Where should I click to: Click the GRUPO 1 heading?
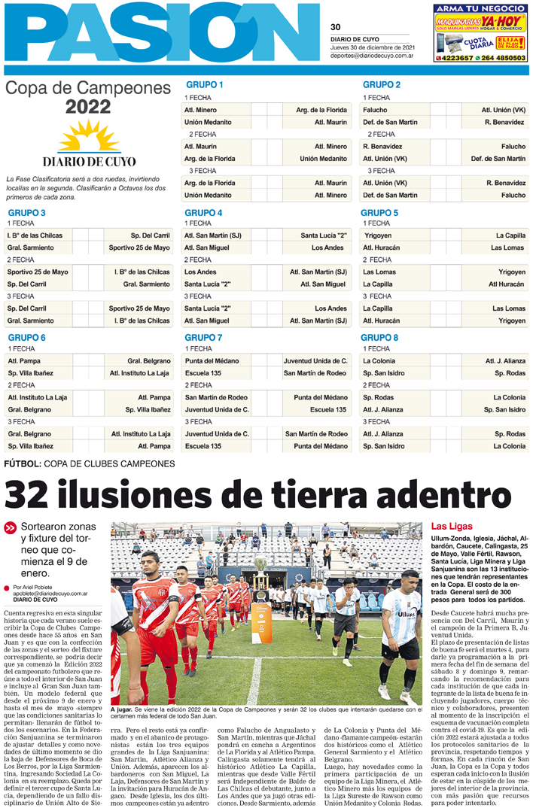(203, 85)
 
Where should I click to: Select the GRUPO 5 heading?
(379, 213)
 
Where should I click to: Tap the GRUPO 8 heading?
(379, 338)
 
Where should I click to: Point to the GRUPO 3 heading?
(26, 213)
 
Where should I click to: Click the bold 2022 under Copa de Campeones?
(88, 107)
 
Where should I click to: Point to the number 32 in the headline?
(36, 497)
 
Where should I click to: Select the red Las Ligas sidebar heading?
(451, 526)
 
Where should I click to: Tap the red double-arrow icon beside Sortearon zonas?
(11, 527)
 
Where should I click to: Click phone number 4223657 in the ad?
(456, 57)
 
